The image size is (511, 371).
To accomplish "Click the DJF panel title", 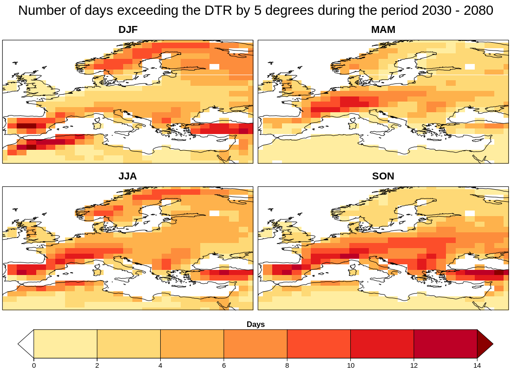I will [128, 30].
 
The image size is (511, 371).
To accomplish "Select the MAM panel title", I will [383, 30].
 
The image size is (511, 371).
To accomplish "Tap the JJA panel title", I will [128, 176].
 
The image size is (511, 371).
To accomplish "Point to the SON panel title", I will [383, 176].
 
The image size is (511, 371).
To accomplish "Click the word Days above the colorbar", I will [255, 325].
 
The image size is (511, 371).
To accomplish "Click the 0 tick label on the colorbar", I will [34, 365].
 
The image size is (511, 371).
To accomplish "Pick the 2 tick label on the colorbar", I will [97, 365].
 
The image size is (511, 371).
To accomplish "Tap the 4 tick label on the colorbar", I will [160, 365].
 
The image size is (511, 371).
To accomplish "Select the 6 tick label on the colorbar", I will [224, 365].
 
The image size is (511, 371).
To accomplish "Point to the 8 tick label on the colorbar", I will [287, 365].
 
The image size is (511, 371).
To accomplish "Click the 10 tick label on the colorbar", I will [350, 365].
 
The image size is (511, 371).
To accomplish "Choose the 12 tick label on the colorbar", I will [414, 365].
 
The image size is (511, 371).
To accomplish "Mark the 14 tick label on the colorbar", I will [477, 365].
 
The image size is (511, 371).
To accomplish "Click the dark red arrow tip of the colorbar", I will [484, 344].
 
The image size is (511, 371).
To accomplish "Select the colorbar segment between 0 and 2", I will [66, 344].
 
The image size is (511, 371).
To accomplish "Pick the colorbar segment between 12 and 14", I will [445, 344].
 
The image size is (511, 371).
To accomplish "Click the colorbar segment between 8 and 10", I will [319, 344].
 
